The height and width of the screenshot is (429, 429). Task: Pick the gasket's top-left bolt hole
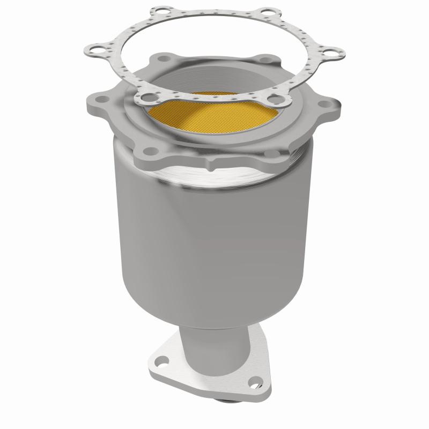pos(159,12)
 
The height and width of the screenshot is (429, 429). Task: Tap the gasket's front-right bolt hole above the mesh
pos(275,99)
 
